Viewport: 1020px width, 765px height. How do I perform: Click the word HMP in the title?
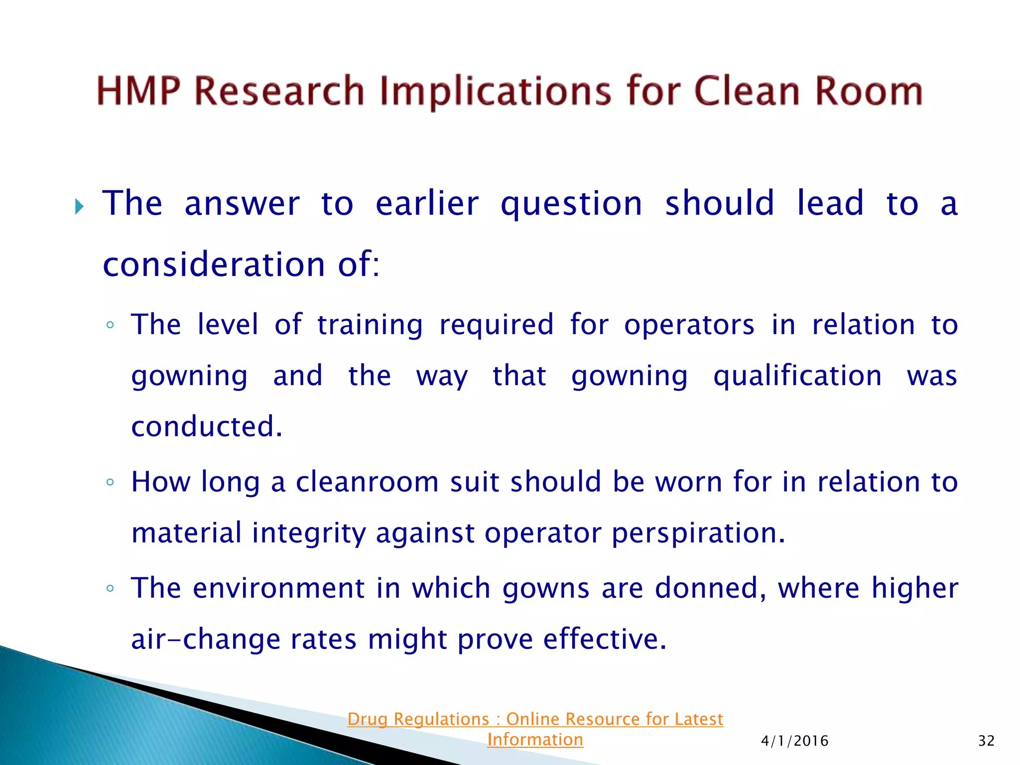(138, 91)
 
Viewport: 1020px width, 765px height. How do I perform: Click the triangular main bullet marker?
(79, 206)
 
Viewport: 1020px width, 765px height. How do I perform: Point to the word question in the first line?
(571, 204)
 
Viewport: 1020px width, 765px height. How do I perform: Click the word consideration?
(214, 264)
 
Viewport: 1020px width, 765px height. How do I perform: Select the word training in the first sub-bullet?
(370, 325)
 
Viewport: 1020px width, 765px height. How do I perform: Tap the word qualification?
(797, 376)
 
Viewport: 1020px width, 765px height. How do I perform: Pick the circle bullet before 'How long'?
(110, 482)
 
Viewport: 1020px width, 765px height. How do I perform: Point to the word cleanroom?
(367, 482)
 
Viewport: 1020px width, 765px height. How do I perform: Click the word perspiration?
(698, 533)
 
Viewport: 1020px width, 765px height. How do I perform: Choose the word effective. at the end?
(604, 639)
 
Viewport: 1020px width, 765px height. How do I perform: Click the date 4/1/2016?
(794, 741)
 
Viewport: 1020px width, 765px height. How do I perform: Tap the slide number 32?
(986, 741)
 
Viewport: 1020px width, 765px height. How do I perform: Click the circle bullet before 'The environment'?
(110, 589)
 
